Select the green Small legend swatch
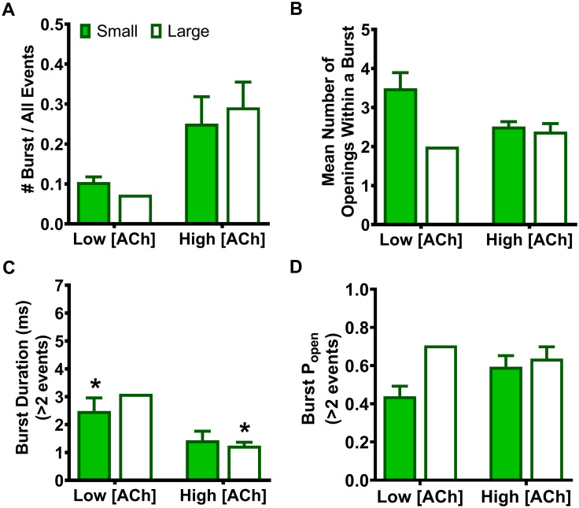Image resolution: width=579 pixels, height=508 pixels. point(87,31)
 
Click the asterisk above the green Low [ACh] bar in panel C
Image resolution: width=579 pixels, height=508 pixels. point(94,385)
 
